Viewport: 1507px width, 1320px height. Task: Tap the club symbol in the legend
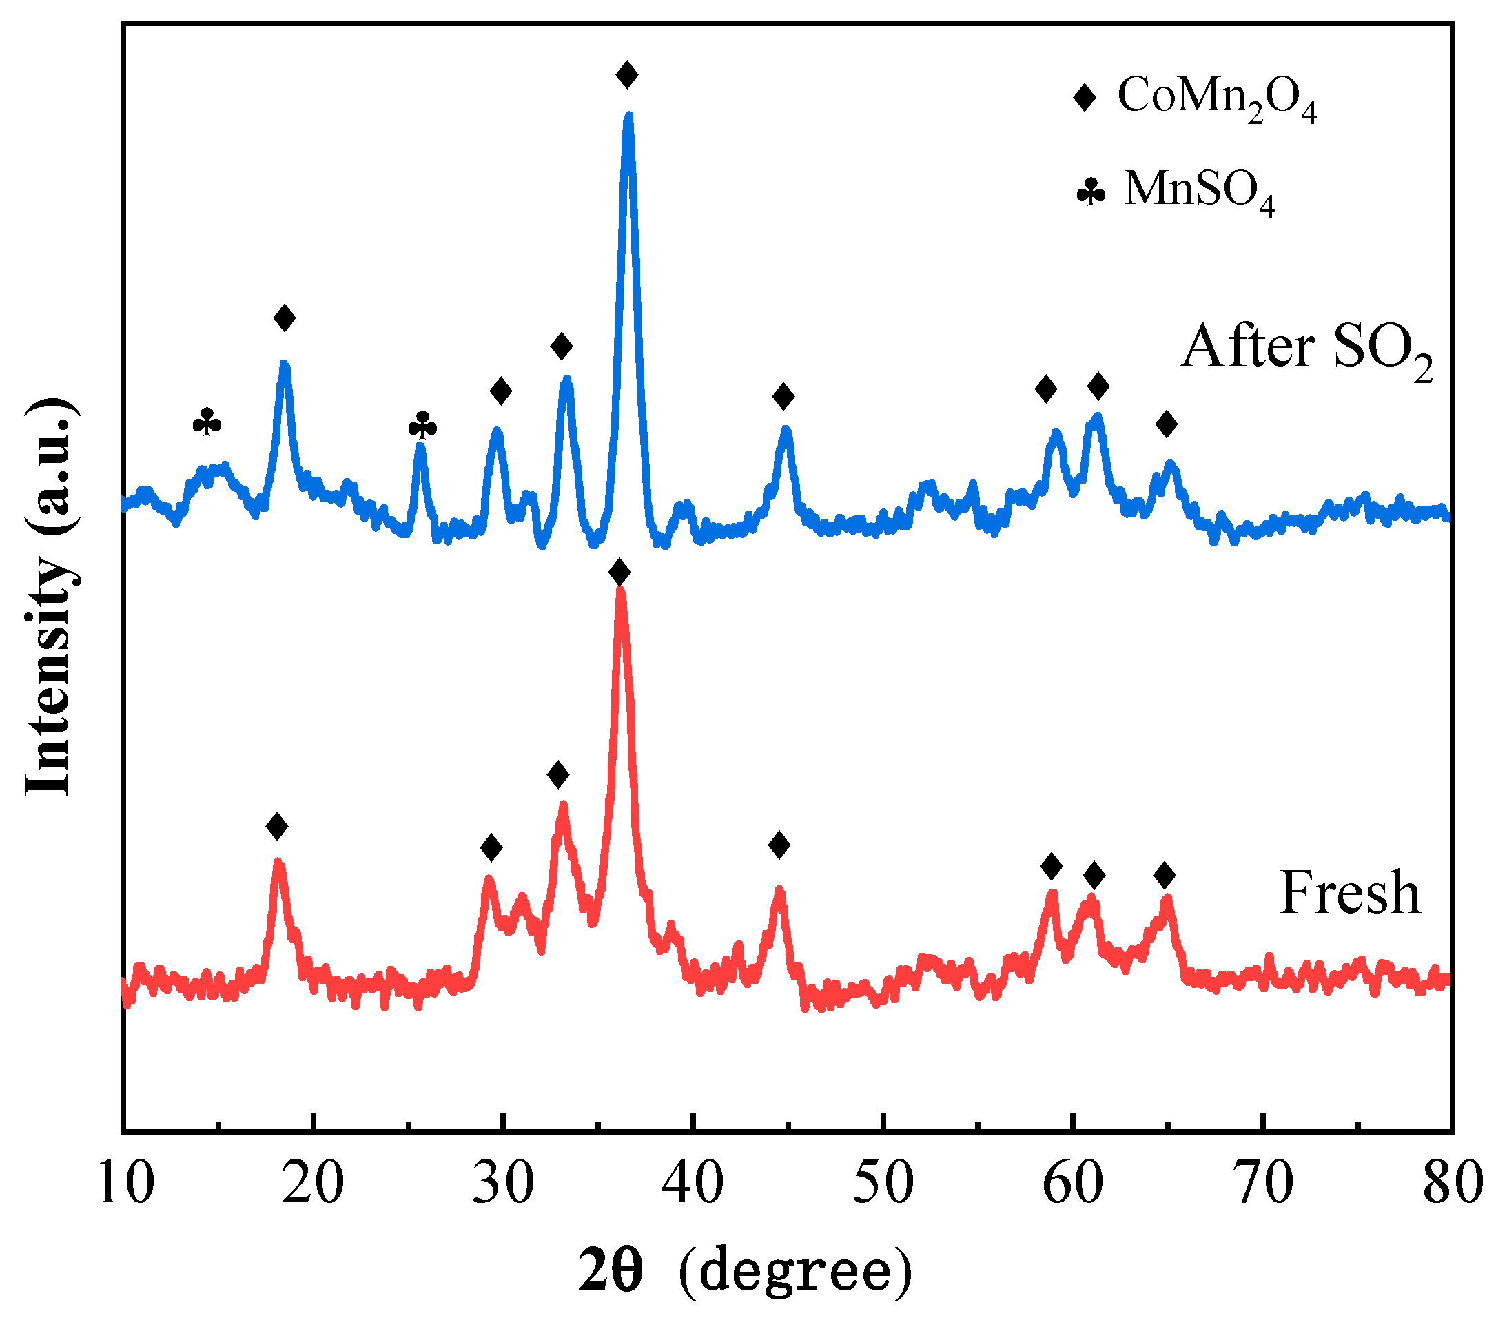click(1091, 192)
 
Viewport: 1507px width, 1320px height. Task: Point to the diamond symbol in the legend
click(1084, 96)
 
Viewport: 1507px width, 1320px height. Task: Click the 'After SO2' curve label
click(1306, 349)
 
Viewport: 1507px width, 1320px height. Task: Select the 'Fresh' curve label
click(1349, 894)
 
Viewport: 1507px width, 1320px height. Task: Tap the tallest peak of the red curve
click(620, 592)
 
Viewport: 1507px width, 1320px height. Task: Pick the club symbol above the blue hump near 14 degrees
click(207, 422)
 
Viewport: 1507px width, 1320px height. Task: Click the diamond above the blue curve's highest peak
click(627, 74)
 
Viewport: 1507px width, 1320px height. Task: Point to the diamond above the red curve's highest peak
click(619, 572)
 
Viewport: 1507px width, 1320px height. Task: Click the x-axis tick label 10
click(125, 1183)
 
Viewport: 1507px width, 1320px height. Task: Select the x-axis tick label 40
click(693, 1183)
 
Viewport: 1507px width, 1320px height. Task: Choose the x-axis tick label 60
click(1073, 1183)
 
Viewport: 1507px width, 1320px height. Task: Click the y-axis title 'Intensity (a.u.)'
click(50, 597)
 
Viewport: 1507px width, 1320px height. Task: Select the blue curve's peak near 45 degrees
click(786, 429)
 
